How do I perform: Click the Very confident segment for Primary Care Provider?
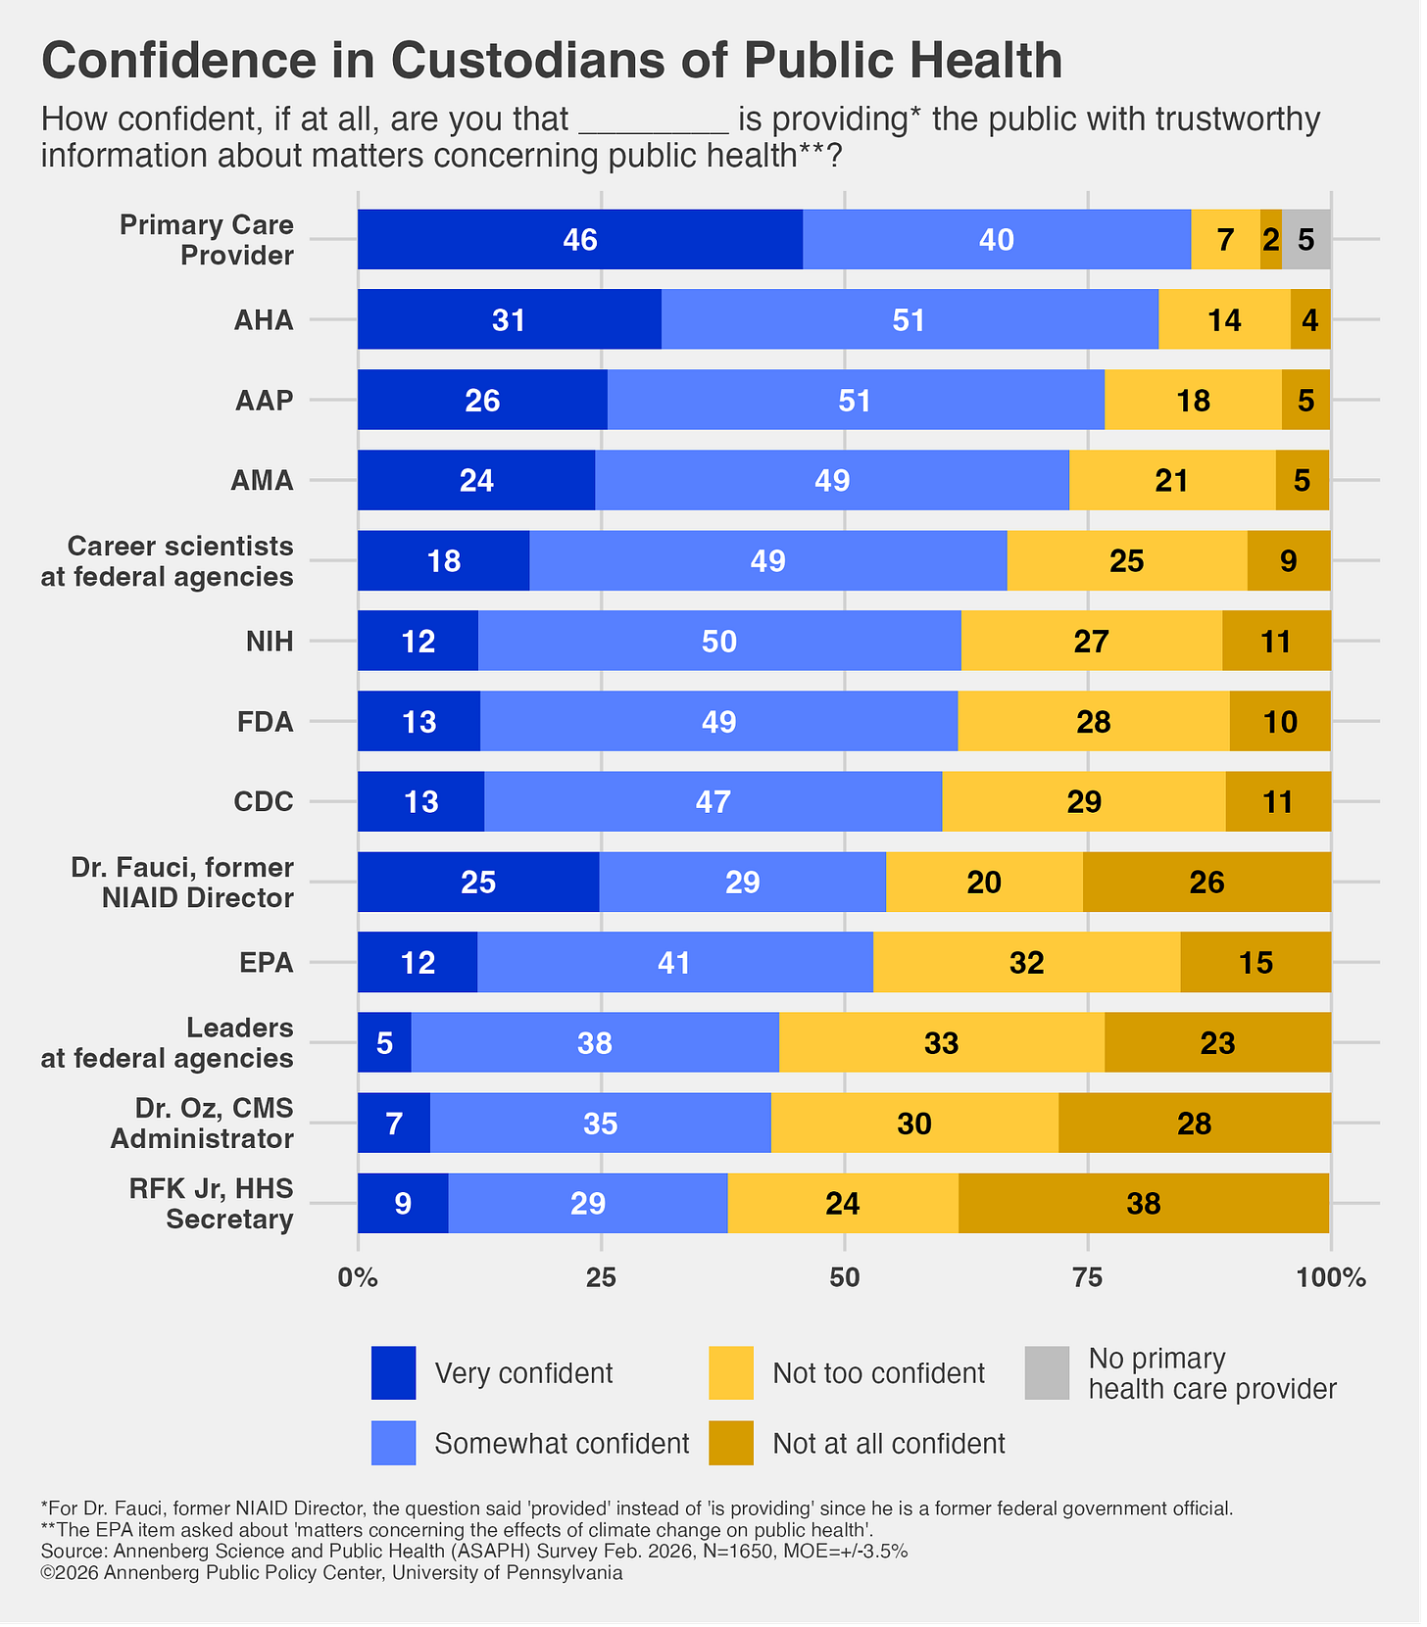pyautogui.click(x=580, y=239)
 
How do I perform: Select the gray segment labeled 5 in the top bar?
pyautogui.click(x=1305, y=239)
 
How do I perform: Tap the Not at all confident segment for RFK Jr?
pyautogui.click(x=1144, y=1203)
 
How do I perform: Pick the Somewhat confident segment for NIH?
pyautogui.click(x=719, y=641)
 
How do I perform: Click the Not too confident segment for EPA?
pyautogui.click(x=1026, y=962)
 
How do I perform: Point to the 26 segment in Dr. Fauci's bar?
pyautogui.click(x=1206, y=882)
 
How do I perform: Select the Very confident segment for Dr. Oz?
pyautogui.click(x=394, y=1123)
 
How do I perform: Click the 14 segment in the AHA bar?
pyautogui.click(x=1224, y=319)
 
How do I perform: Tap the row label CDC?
pyautogui.click(x=264, y=801)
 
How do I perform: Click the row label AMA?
pyautogui.click(x=262, y=480)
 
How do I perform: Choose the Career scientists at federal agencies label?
pyautogui.click(x=168, y=561)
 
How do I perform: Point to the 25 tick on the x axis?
pyautogui.click(x=601, y=1277)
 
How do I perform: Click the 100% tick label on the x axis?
pyautogui.click(x=1330, y=1277)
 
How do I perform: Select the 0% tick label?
pyautogui.click(x=358, y=1277)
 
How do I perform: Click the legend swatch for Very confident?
pyautogui.click(x=393, y=1372)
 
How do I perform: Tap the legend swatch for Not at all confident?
pyautogui.click(x=731, y=1443)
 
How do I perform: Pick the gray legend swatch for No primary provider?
pyautogui.click(x=1047, y=1372)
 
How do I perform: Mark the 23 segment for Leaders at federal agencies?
pyautogui.click(x=1217, y=1042)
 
